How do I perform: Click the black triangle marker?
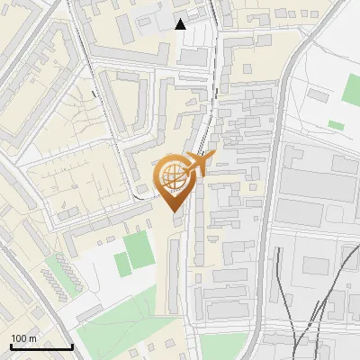click(181, 24)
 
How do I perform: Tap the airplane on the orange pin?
click(201, 164)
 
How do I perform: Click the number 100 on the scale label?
click(19, 337)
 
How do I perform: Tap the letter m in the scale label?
click(32, 337)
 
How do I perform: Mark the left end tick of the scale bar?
click(11, 346)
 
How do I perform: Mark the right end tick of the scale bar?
click(72, 346)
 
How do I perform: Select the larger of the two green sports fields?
click(139, 250)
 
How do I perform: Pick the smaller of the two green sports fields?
click(121, 265)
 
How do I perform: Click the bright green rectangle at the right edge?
click(352, 86)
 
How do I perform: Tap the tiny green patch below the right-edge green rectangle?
click(336, 125)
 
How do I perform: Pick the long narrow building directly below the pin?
click(171, 270)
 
